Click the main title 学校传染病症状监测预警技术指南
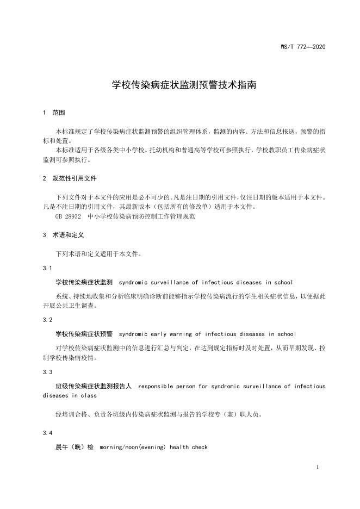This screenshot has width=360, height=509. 180,85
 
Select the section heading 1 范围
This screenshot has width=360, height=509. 53,113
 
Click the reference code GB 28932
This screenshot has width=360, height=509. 67,216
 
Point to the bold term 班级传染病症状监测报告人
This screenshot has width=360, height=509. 94,386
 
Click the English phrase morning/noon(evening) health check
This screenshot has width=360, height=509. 154,447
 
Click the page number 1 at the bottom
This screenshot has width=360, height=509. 317,467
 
